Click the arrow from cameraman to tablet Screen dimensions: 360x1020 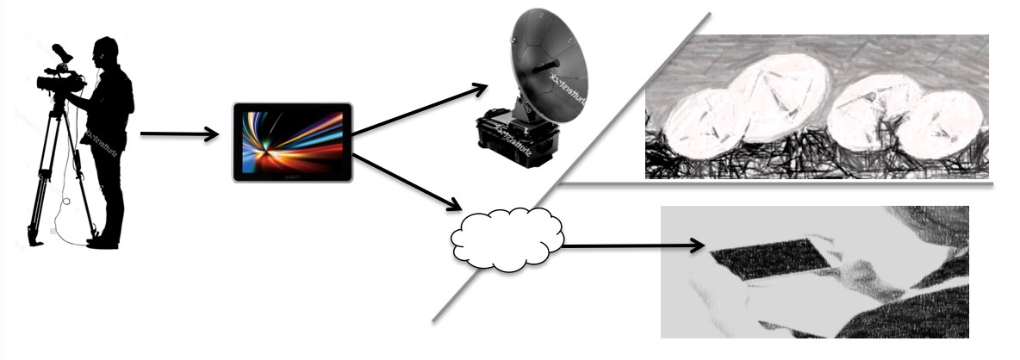[177, 133]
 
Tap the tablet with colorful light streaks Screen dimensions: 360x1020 [292, 142]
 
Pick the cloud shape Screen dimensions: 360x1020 [507, 238]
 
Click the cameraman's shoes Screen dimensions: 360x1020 [103, 241]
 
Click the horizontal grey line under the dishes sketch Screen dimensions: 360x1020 [775, 183]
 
